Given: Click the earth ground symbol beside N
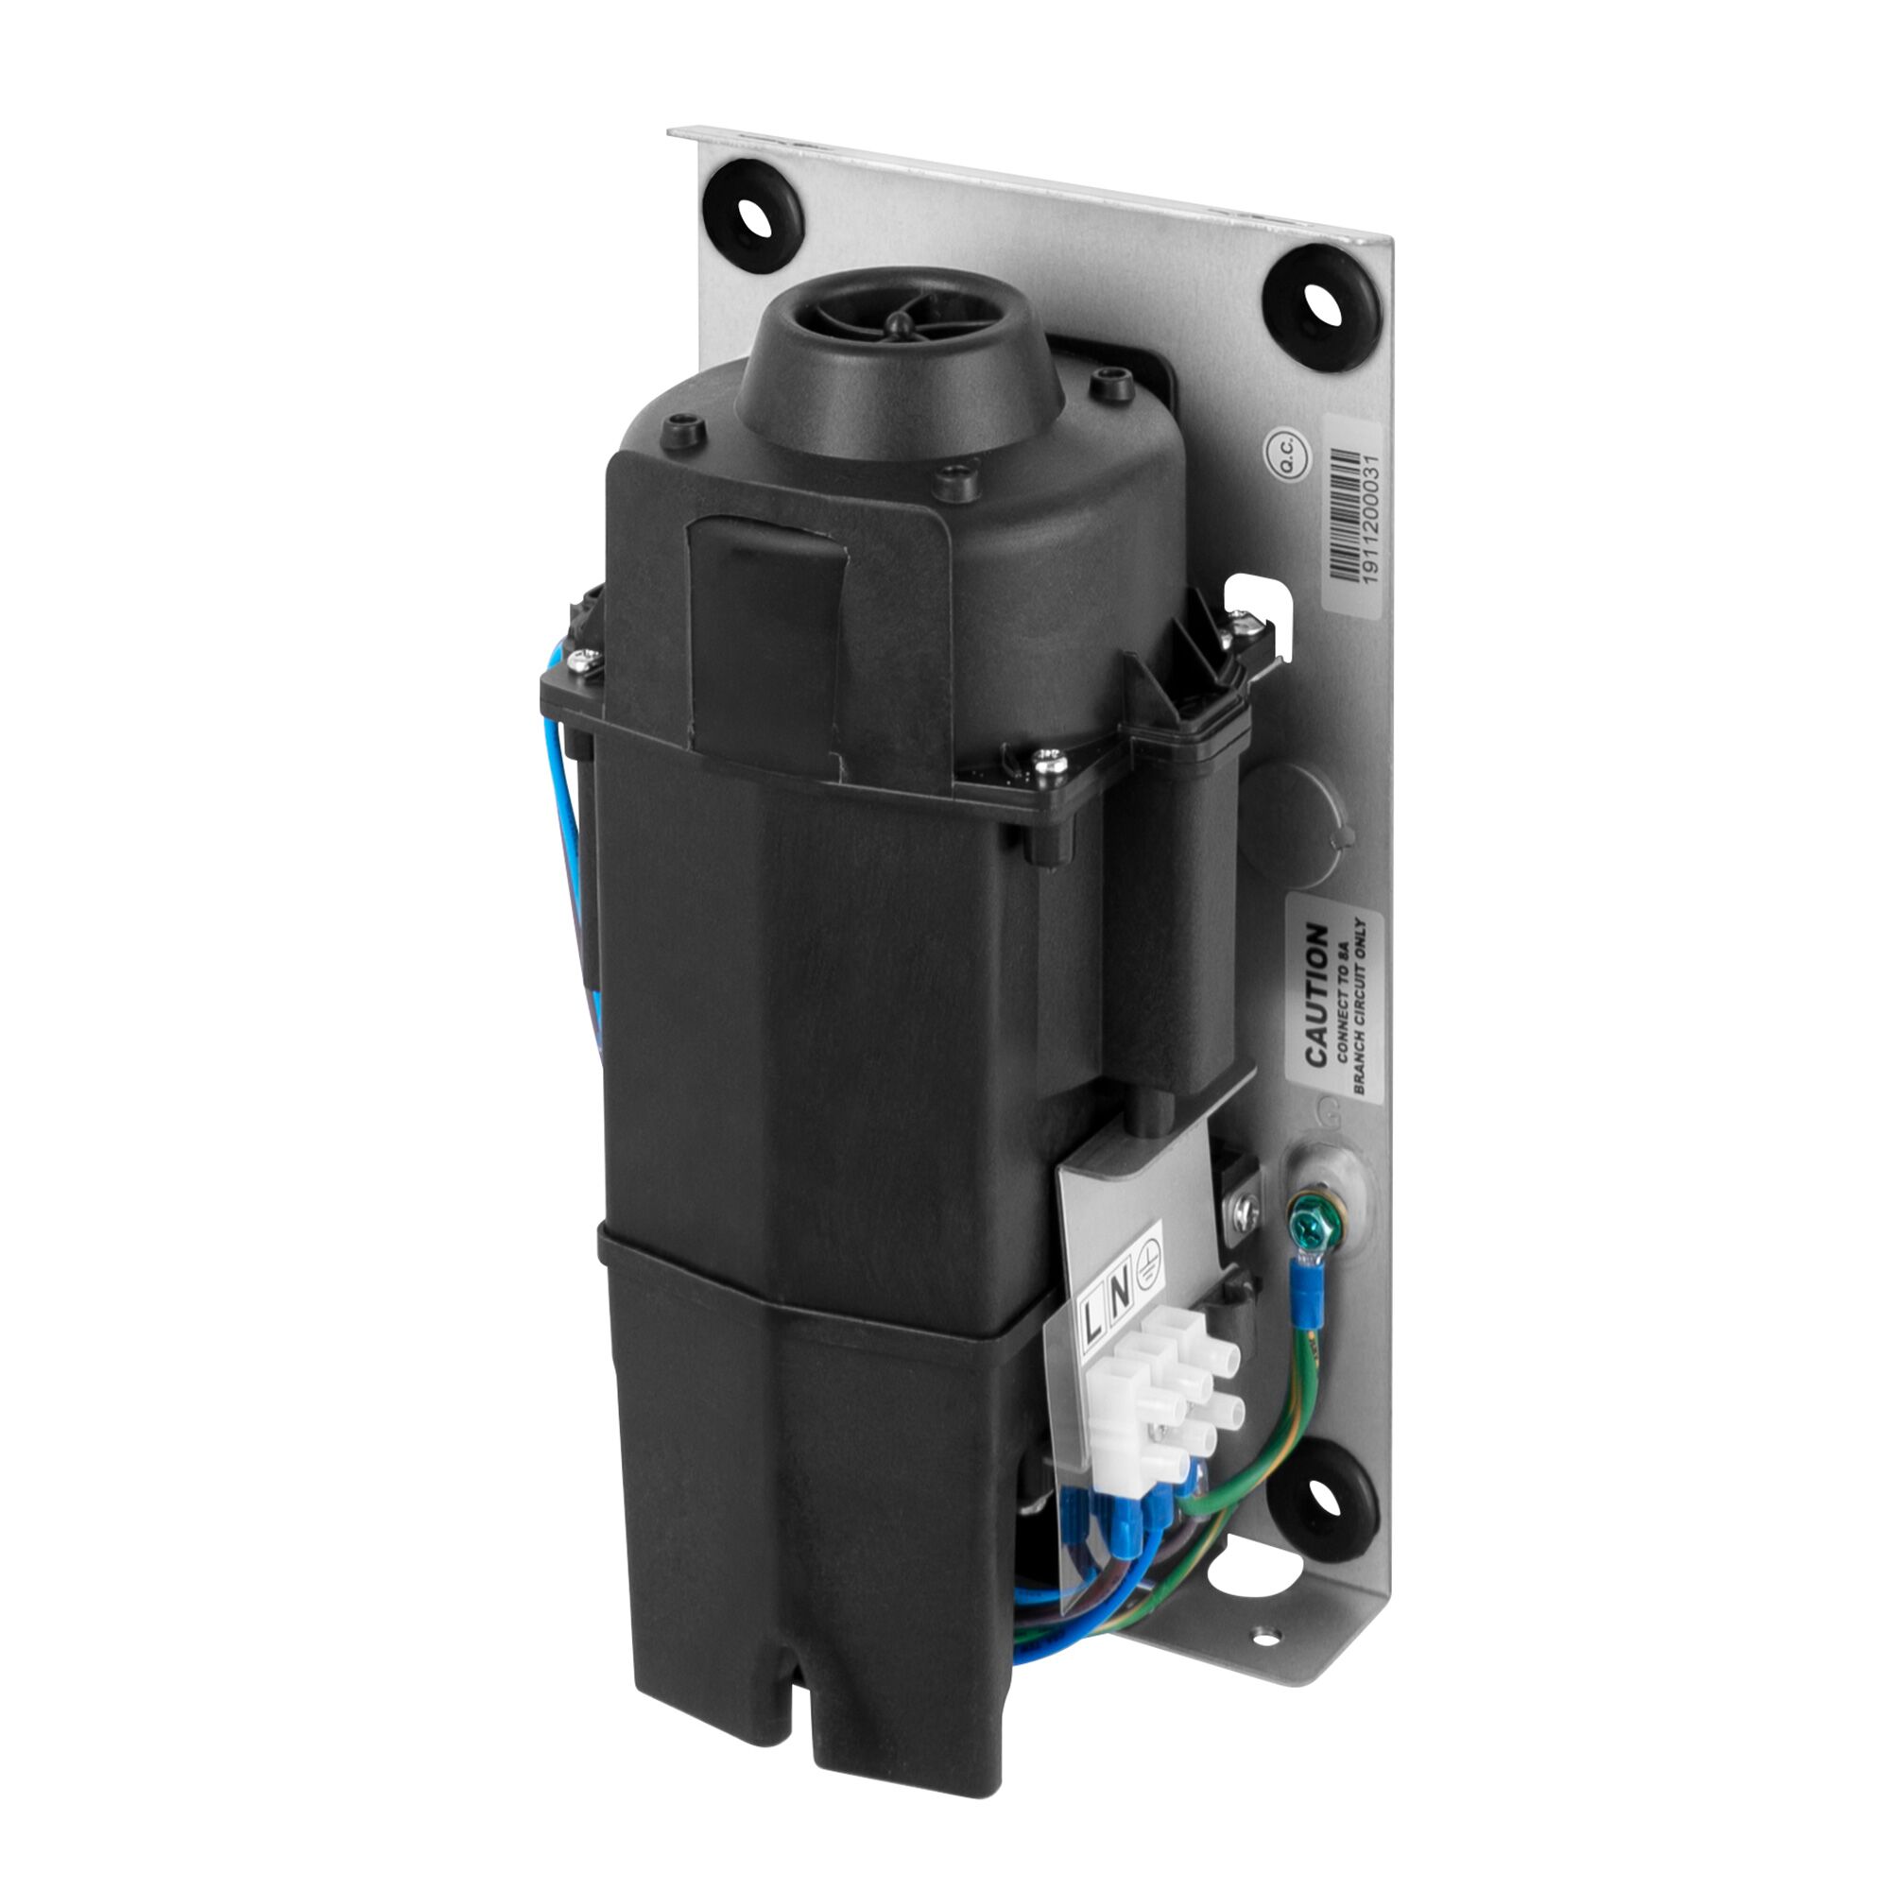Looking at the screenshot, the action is pos(1148,1265).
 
